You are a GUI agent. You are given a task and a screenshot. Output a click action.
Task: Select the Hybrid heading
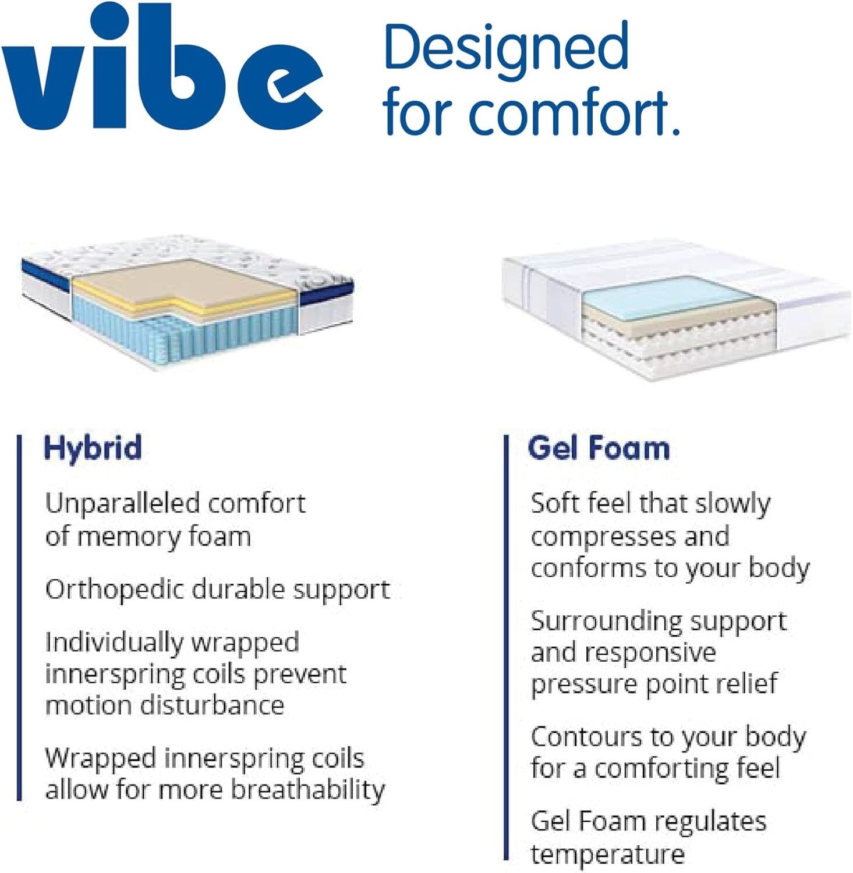(x=93, y=448)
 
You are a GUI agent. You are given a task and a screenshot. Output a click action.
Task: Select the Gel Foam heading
(x=599, y=448)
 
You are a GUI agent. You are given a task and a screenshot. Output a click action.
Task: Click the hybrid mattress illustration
(x=186, y=303)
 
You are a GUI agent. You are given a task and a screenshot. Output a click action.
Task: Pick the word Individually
(x=114, y=643)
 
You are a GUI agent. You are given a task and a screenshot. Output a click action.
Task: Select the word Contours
(x=586, y=737)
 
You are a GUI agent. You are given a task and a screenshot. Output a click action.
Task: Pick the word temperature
(x=607, y=854)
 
